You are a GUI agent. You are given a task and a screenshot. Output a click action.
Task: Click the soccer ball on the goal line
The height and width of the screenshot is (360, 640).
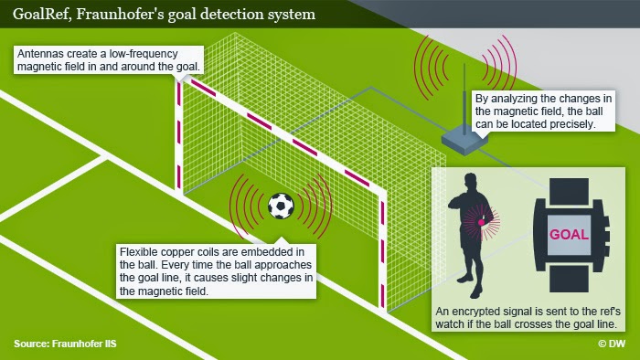[281, 206]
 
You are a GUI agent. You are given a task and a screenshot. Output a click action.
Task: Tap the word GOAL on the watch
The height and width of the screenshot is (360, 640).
[569, 235]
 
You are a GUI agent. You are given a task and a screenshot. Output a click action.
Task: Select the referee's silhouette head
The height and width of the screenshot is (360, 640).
[476, 182]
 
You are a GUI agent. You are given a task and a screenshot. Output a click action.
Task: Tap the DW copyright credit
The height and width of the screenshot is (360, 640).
[613, 344]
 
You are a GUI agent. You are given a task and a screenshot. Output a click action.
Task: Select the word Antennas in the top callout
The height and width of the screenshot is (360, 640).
[43, 54]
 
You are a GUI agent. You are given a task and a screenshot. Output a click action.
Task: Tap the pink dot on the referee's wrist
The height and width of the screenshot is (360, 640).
[480, 221]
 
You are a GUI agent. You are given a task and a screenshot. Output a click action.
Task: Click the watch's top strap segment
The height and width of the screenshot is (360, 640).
[569, 187]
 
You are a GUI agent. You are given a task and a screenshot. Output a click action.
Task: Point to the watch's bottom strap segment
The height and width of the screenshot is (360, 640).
[569, 282]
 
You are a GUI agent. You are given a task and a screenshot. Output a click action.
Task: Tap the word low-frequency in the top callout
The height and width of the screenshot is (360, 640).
[156, 54]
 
